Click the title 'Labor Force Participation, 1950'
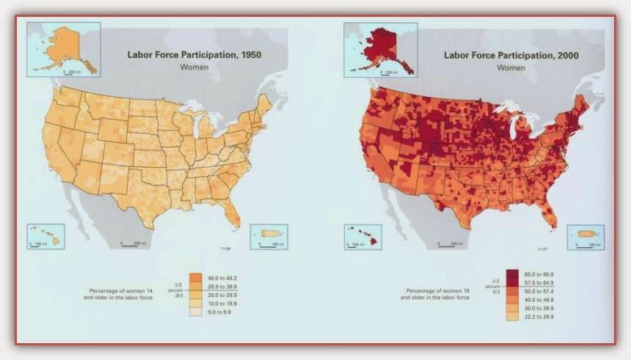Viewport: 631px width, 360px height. point(194,54)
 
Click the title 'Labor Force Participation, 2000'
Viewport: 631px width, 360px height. point(511,54)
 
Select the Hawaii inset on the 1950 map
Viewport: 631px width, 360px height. point(45,237)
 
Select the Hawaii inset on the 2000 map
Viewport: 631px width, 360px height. point(362,237)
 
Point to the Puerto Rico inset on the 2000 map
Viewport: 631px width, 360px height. point(585,236)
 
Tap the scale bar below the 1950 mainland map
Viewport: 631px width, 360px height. point(131,245)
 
